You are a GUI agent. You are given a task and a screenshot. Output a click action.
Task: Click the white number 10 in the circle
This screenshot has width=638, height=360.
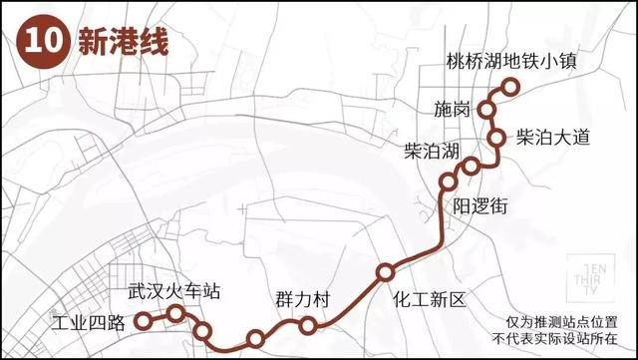(38, 44)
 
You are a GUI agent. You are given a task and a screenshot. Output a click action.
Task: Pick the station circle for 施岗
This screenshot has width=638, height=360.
(489, 109)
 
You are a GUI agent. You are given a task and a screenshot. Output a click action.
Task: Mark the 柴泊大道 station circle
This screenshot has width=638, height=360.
(495, 138)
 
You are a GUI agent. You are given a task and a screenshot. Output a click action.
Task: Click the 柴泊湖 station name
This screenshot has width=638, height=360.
(431, 152)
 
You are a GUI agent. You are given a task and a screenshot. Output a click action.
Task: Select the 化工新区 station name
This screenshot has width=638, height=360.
(430, 298)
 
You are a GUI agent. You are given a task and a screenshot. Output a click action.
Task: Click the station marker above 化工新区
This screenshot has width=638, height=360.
(385, 271)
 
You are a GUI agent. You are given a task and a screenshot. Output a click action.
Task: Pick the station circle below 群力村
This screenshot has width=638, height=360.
(307, 324)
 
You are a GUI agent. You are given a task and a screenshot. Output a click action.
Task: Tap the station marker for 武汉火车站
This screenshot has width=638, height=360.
(176, 314)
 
